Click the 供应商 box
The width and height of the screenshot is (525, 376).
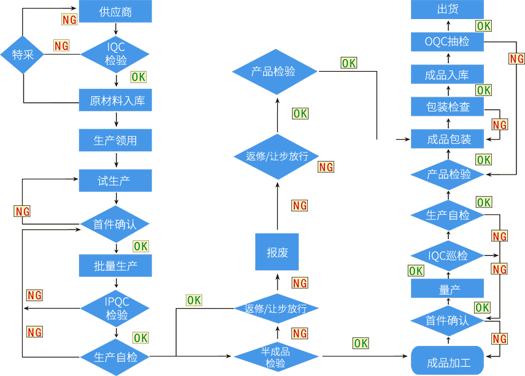coord(115,12)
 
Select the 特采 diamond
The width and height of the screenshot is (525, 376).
coord(23,54)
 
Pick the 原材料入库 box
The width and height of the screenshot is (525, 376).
coord(115,100)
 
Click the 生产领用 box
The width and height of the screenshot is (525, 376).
coord(115,140)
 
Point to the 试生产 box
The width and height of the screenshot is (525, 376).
coord(115,181)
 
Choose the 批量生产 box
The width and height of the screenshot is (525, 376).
coord(115,266)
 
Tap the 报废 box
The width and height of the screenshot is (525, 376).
coord(277,252)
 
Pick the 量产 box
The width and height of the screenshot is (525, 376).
coord(448,288)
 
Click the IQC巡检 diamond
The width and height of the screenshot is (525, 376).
coord(448,255)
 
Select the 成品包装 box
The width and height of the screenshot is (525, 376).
coord(448,139)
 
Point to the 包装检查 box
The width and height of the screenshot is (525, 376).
coord(448,107)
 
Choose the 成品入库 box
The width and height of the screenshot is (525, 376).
coord(448,75)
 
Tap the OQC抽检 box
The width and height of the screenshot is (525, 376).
coord(448,42)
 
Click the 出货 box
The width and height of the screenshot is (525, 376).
coord(448,9)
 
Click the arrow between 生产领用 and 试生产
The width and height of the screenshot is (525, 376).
coord(116,160)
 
